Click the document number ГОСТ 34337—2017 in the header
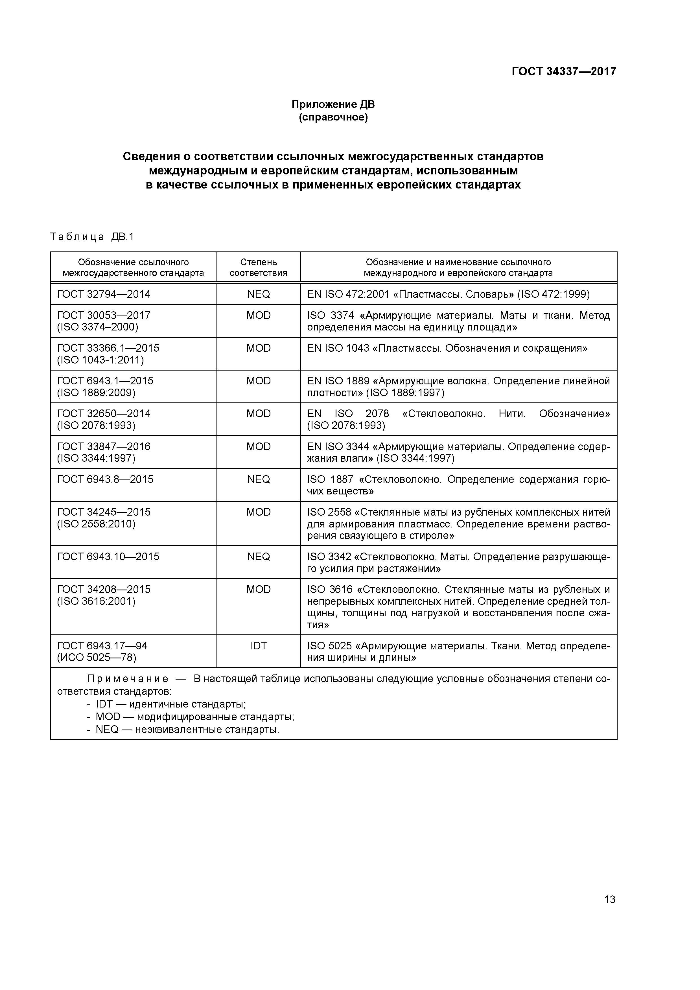click(x=564, y=71)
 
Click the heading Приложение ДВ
click(x=333, y=104)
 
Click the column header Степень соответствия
click(x=258, y=267)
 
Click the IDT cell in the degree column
click(x=258, y=645)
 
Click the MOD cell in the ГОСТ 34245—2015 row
click(x=258, y=512)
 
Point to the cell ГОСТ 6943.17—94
click(x=102, y=645)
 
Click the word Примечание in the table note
click(x=128, y=679)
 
